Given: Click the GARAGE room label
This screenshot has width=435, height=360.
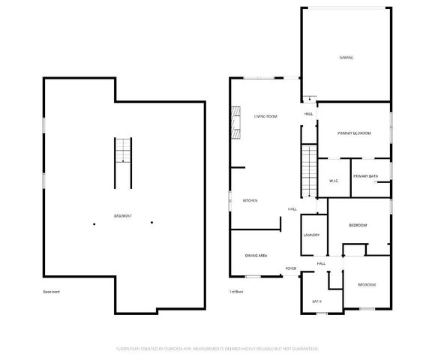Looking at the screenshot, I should [x=346, y=58].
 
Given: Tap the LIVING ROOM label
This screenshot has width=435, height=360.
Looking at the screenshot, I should [x=265, y=116].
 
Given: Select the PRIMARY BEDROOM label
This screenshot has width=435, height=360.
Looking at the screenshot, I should [x=354, y=133].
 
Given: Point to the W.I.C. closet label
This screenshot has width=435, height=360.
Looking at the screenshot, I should [x=334, y=181].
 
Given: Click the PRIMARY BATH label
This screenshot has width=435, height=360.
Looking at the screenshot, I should [x=366, y=175].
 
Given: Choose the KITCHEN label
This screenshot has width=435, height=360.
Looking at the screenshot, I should [x=250, y=201].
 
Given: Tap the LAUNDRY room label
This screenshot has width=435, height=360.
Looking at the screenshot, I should [x=311, y=235].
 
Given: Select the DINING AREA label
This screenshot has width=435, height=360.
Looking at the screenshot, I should [x=256, y=256].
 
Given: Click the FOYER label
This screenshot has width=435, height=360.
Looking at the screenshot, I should [x=290, y=268].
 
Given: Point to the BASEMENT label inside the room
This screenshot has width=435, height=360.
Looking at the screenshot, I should [x=123, y=216].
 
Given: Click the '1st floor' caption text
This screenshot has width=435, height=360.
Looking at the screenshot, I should [x=237, y=292].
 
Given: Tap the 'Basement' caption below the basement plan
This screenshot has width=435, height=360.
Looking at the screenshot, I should [x=52, y=292].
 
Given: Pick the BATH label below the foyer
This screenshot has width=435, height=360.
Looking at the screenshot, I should [x=316, y=302].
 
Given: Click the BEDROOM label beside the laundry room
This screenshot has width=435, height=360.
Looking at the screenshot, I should [x=358, y=226].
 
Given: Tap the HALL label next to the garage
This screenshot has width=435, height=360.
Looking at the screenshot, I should [x=308, y=114].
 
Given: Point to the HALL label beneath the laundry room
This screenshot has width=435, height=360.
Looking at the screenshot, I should [x=320, y=263].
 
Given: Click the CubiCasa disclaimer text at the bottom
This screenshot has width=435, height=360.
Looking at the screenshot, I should [x=217, y=349].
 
